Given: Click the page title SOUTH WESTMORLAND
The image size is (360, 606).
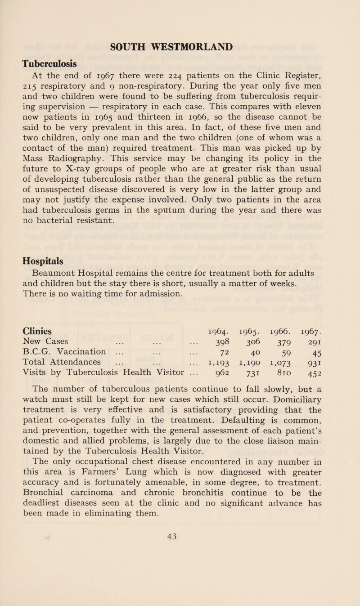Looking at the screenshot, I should [180, 46].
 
